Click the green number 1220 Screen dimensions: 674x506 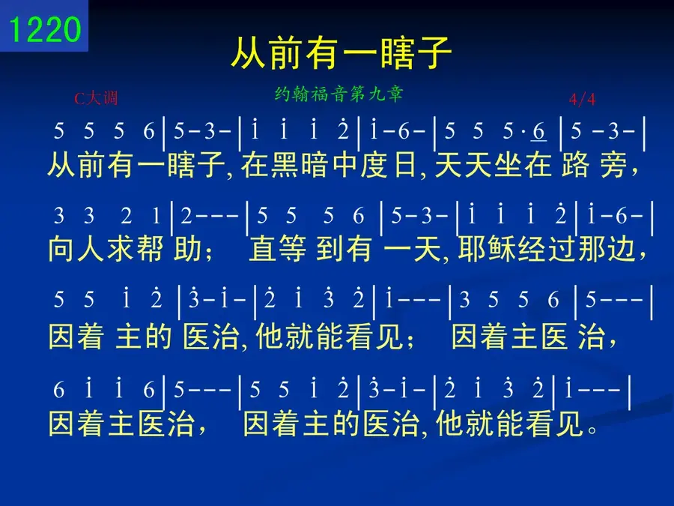45,29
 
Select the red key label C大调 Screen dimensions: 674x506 96,98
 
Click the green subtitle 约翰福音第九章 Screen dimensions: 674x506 338,94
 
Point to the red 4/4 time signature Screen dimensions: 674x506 583,100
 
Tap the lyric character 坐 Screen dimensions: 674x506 508,165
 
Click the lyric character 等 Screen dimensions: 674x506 292,249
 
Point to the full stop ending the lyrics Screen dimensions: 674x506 592,429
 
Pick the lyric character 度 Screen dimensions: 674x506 374,165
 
